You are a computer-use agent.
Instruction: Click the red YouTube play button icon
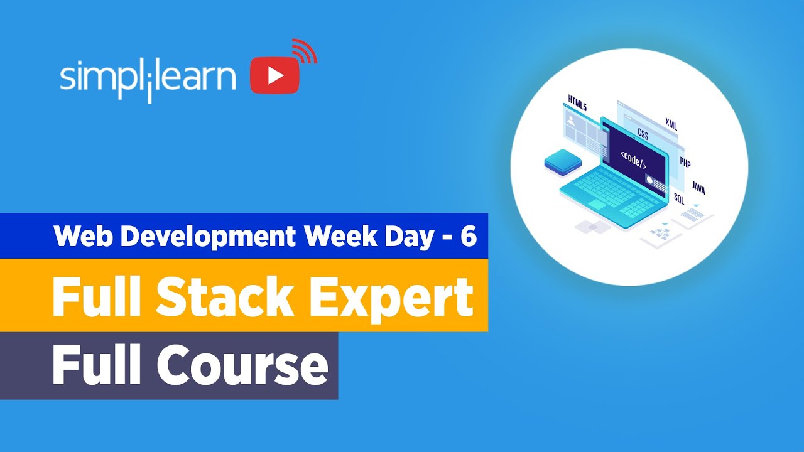274,76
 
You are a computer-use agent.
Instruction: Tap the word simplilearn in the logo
148,78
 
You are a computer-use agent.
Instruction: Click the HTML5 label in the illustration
577,103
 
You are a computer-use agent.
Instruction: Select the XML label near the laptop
671,123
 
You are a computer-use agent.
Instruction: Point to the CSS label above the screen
643,133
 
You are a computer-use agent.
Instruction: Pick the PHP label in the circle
685,163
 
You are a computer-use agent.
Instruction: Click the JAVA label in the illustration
698,188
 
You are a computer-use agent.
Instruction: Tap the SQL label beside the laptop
679,199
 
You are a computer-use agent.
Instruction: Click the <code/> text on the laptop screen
633,159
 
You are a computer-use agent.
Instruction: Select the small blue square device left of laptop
562,163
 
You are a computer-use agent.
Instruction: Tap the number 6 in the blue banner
469,236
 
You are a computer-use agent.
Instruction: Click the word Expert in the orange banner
391,296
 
